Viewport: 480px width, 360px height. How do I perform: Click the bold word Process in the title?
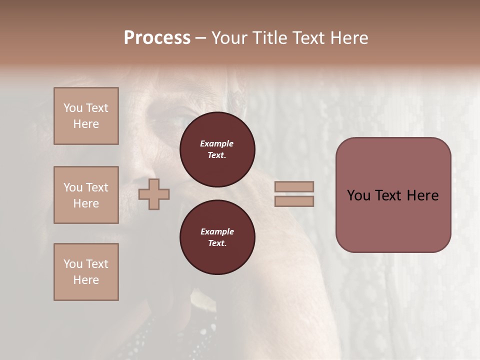tap(157, 38)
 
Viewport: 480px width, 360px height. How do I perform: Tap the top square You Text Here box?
tap(86, 116)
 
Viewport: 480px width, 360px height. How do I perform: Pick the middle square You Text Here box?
tap(86, 195)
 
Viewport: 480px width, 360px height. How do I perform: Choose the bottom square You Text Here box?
tap(86, 272)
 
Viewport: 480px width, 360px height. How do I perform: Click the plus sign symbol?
tap(154, 194)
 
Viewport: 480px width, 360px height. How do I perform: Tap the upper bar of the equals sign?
tap(294, 186)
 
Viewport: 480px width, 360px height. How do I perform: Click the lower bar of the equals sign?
tap(294, 201)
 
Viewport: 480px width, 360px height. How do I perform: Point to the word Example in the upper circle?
tap(217, 143)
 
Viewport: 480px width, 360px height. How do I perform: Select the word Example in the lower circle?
tap(217, 231)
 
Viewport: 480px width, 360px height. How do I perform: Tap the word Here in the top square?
tap(86, 124)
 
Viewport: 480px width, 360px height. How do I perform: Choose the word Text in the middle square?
tap(96, 187)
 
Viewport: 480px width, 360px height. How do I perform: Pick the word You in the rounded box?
tap(358, 195)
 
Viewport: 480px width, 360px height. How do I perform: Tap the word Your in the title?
tap(228, 38)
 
